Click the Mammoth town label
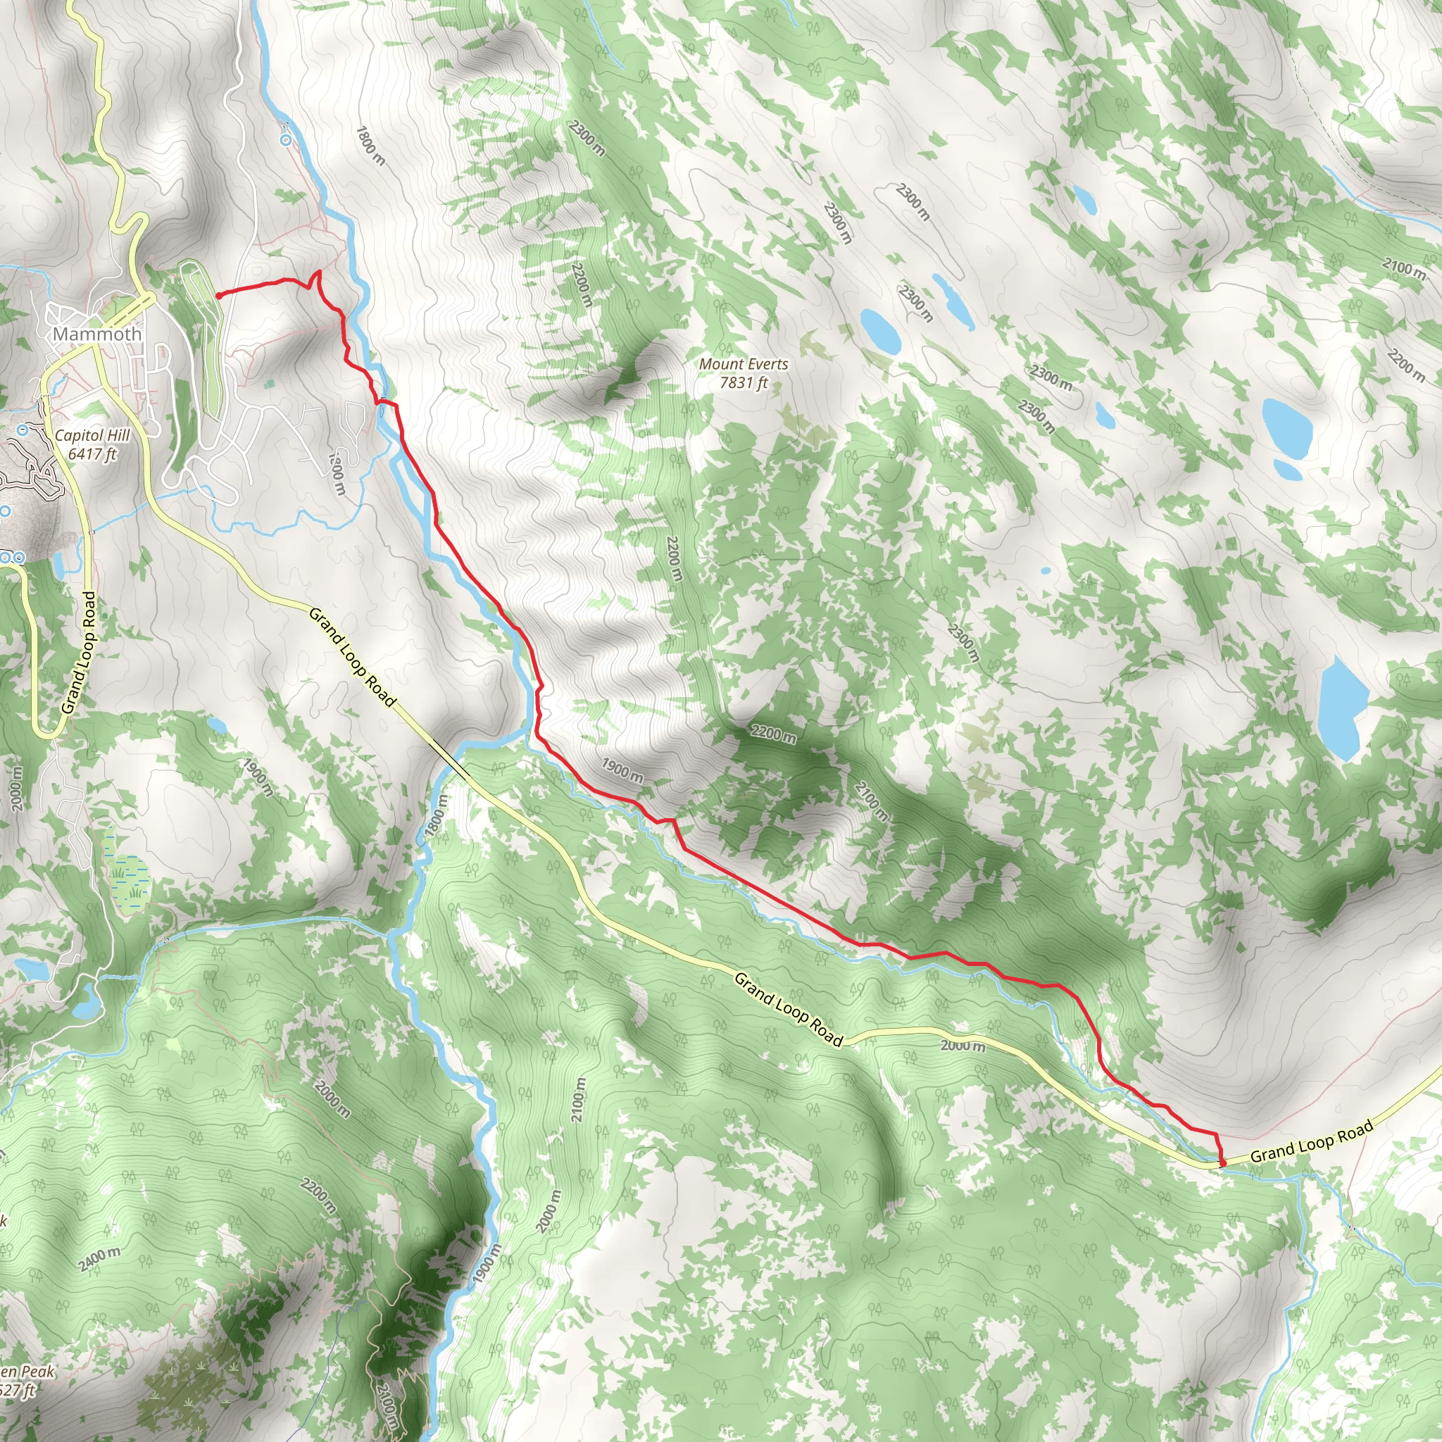click(97, 334)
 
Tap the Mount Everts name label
click(744, 364)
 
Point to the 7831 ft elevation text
click(744, 383)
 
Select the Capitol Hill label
click(92, 435)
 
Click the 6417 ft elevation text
click(92, 454)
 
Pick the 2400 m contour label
click(99, 1258)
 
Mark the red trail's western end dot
click(219, 296)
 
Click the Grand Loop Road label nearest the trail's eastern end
click(1311, 1142)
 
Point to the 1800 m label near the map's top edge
click(371, 146)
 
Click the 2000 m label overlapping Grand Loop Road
click(962, 1046)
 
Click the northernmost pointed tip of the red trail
click(320, 271)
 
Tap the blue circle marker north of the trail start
click(286, 139)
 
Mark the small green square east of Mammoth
click(270, 384)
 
